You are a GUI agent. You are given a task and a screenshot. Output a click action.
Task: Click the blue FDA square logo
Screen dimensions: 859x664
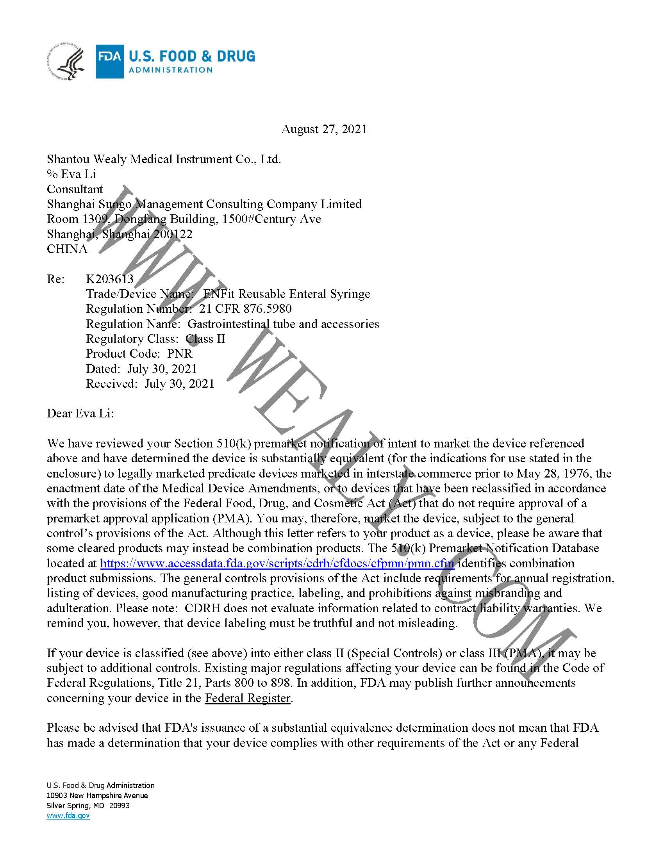pos(110,61)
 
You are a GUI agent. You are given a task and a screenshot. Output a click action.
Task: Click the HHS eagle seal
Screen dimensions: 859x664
pos(66,62)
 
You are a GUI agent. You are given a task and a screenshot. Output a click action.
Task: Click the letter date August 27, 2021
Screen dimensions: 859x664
pos(324,129)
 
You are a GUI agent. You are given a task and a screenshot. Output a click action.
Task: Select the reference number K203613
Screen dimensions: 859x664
pos(110,279)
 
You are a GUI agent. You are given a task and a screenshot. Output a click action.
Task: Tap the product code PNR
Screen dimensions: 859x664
pos(180,353)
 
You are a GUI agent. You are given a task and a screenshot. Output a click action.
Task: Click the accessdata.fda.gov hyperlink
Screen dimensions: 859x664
pos(277,563)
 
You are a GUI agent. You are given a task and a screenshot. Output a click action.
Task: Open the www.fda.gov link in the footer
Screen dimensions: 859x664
pos(68,815)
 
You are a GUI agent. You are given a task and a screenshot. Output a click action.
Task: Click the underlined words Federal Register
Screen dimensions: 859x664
pos(248,698)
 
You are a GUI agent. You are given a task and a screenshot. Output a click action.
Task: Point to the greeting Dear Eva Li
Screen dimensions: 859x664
pos(80,413)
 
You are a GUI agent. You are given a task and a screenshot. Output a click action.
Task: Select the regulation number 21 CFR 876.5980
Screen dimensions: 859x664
pos(245,309)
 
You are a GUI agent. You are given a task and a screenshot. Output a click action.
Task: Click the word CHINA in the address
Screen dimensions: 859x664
pos(67,249)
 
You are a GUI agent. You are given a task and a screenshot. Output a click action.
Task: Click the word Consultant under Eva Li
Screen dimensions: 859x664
pos(75,189)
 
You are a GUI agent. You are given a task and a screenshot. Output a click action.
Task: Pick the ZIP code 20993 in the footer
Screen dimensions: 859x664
pos(119,806)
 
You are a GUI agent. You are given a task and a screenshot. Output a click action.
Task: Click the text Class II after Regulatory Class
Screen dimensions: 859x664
pos(205,339)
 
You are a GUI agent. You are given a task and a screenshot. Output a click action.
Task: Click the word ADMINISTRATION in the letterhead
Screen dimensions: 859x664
pos(171,70)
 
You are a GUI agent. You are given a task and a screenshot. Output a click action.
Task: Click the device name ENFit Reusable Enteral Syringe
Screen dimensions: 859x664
pos(286,294)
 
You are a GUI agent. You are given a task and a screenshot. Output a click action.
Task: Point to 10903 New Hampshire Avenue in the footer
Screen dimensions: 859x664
pos(97,795)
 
